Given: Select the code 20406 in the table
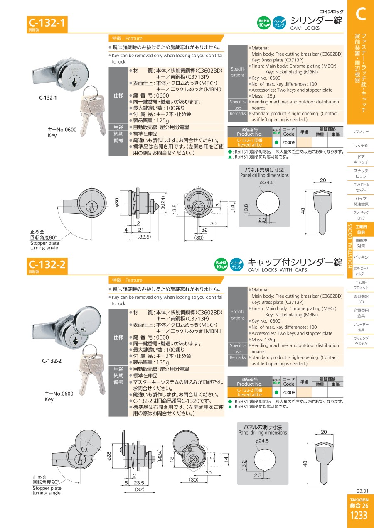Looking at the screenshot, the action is point(288,142).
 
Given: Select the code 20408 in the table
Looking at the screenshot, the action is point(288,392).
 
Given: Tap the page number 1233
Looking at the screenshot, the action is point(359,516).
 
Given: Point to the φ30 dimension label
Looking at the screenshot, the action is point(117,203).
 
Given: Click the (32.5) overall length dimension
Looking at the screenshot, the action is point(144,237).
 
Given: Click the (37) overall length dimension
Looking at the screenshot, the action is point(140,489).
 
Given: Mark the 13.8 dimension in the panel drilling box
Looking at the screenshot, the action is point(246,209).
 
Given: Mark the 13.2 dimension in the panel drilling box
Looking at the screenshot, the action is point(244,464).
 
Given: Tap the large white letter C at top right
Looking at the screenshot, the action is point(360,14).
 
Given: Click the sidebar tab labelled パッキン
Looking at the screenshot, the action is point(361,257).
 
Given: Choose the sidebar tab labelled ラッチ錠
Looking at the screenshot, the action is point(361,145).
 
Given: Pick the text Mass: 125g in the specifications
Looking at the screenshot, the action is point(263,96).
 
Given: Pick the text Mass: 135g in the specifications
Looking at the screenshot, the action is point(263,340).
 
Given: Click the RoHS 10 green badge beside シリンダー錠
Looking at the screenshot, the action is point(263,23).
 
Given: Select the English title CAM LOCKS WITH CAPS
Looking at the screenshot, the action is point(277,270).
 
